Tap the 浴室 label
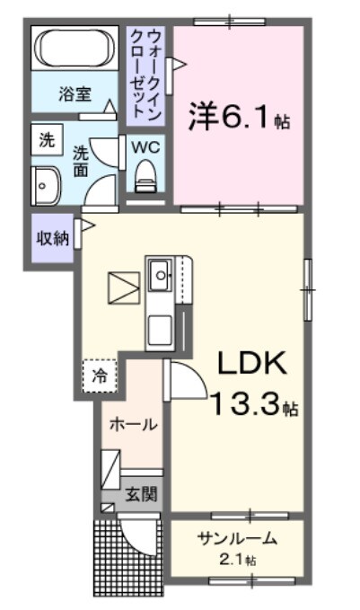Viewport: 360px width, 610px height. pos(75,93)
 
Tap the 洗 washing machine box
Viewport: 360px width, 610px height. pos(46,140)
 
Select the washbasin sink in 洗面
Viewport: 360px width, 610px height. pos(46,184)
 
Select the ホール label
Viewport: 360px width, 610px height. pos(133,424)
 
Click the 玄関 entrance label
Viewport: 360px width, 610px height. pos(139,492)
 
